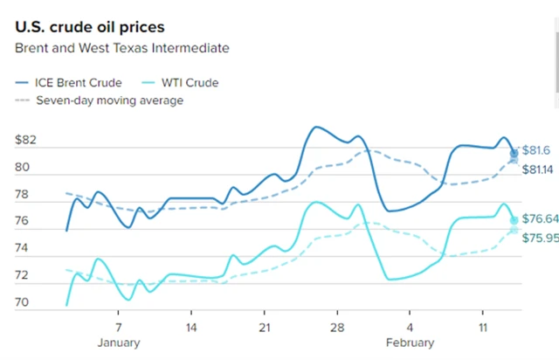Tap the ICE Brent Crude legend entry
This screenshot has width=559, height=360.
79,83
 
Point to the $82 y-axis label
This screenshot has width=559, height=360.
25,140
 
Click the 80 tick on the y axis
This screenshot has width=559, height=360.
23,167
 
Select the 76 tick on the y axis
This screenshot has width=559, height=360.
23,221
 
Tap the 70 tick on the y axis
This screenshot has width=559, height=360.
23,302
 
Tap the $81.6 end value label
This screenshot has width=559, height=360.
537,151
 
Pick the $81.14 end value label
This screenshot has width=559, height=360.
540,169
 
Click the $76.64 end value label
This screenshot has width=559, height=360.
540,219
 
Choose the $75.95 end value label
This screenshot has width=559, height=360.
540,238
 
